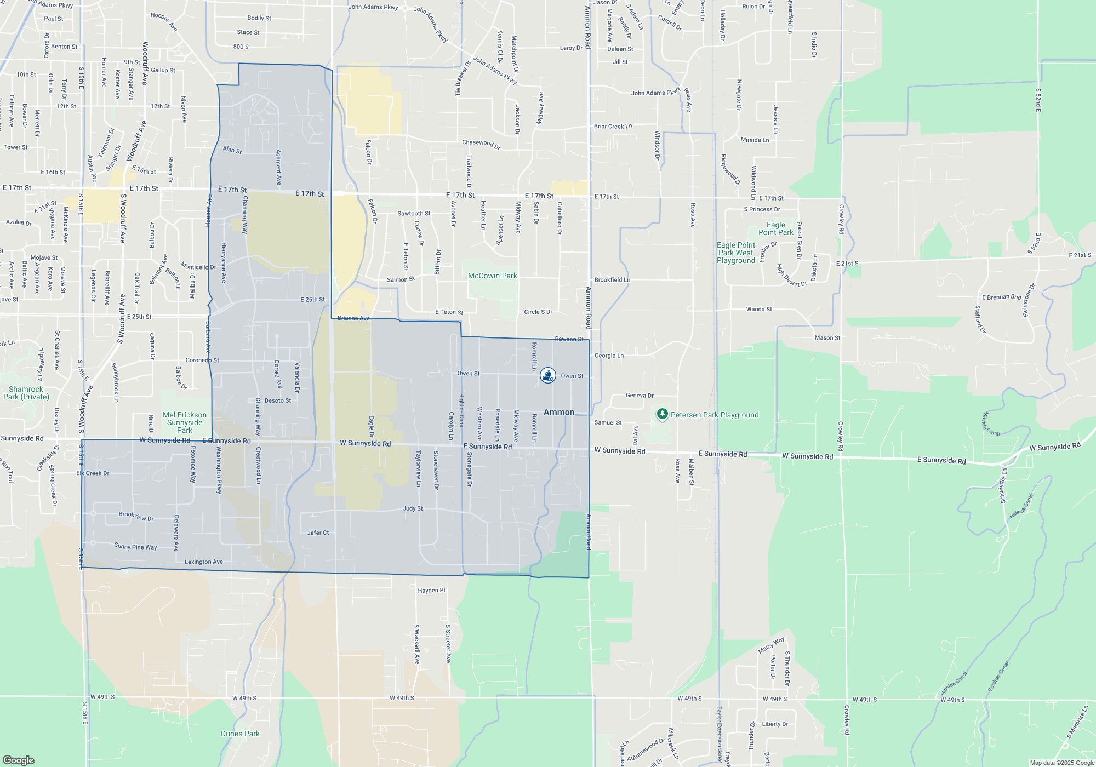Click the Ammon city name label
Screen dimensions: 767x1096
coord(559,412)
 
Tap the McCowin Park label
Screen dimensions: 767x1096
coord(492,276)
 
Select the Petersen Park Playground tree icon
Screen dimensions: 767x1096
coord(663,414)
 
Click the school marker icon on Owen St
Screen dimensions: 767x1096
coord(547,375)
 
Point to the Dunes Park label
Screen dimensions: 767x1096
coord(240,734)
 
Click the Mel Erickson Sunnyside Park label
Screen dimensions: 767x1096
coord(185,422)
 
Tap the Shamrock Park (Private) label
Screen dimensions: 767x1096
coord(26,393)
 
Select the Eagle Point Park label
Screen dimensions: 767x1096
coord(775,228)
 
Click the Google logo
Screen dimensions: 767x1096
coord(19,760)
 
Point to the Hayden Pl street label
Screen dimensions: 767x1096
coord(431,591)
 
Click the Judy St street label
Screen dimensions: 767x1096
coord(413,508)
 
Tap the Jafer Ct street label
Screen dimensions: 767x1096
coord(318,533)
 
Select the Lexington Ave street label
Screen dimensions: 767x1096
coord(203,562)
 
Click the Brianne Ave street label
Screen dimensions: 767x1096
coord(353,318)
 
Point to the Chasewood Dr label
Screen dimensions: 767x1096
coord(481,144)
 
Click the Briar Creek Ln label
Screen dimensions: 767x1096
coord(613,127)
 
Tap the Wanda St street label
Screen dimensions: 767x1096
coord(758,310)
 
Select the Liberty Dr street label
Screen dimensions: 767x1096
coord(775,724)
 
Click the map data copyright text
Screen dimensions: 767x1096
coord(1061,763)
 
